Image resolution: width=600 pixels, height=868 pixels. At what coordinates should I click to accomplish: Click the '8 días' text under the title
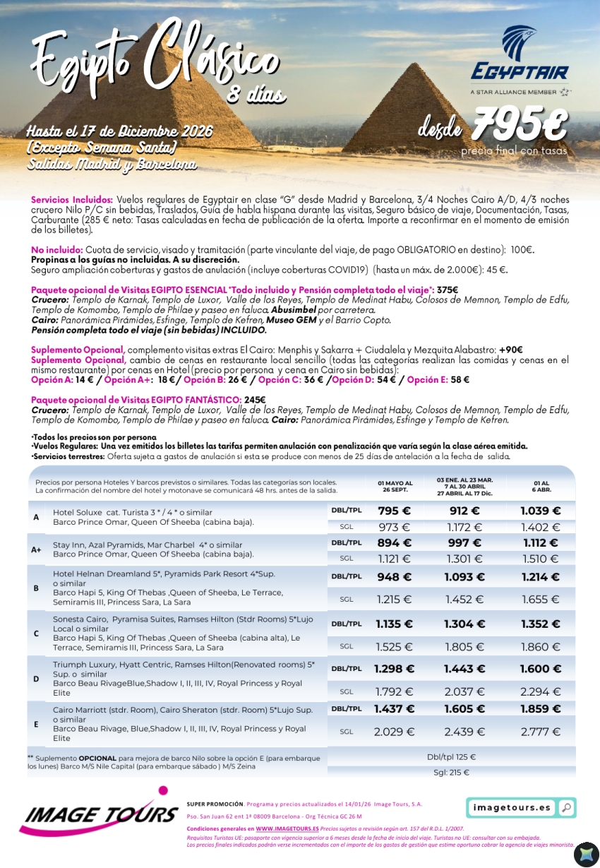256,94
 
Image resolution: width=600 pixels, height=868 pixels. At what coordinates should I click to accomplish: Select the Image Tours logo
99,811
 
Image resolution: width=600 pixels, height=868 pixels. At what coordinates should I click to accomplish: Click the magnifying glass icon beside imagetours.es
565,807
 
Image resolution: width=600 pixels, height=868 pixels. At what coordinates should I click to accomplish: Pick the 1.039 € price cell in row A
540,511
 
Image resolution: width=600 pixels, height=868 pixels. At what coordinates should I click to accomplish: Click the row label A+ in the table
36,549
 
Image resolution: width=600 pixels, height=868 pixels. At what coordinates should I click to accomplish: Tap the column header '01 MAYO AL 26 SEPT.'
395,487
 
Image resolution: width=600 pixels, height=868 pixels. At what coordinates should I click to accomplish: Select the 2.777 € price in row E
540,732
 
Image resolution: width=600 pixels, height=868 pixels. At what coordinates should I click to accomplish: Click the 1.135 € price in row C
394,624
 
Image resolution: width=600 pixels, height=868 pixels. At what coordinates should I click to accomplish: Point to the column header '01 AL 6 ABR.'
541,487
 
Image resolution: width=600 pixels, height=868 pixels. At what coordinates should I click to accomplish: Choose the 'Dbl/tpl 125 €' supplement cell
451,757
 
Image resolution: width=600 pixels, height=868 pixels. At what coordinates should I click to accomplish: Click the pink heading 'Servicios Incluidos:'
72,200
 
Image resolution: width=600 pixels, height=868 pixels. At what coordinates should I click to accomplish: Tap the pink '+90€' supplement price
510,350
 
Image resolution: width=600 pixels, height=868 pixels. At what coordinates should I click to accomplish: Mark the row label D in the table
36,679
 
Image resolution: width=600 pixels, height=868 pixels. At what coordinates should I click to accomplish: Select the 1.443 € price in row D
463,669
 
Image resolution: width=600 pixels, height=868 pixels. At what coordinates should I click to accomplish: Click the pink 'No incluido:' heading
57,250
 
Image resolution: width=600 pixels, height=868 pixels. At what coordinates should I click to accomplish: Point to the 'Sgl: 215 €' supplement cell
451,773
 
